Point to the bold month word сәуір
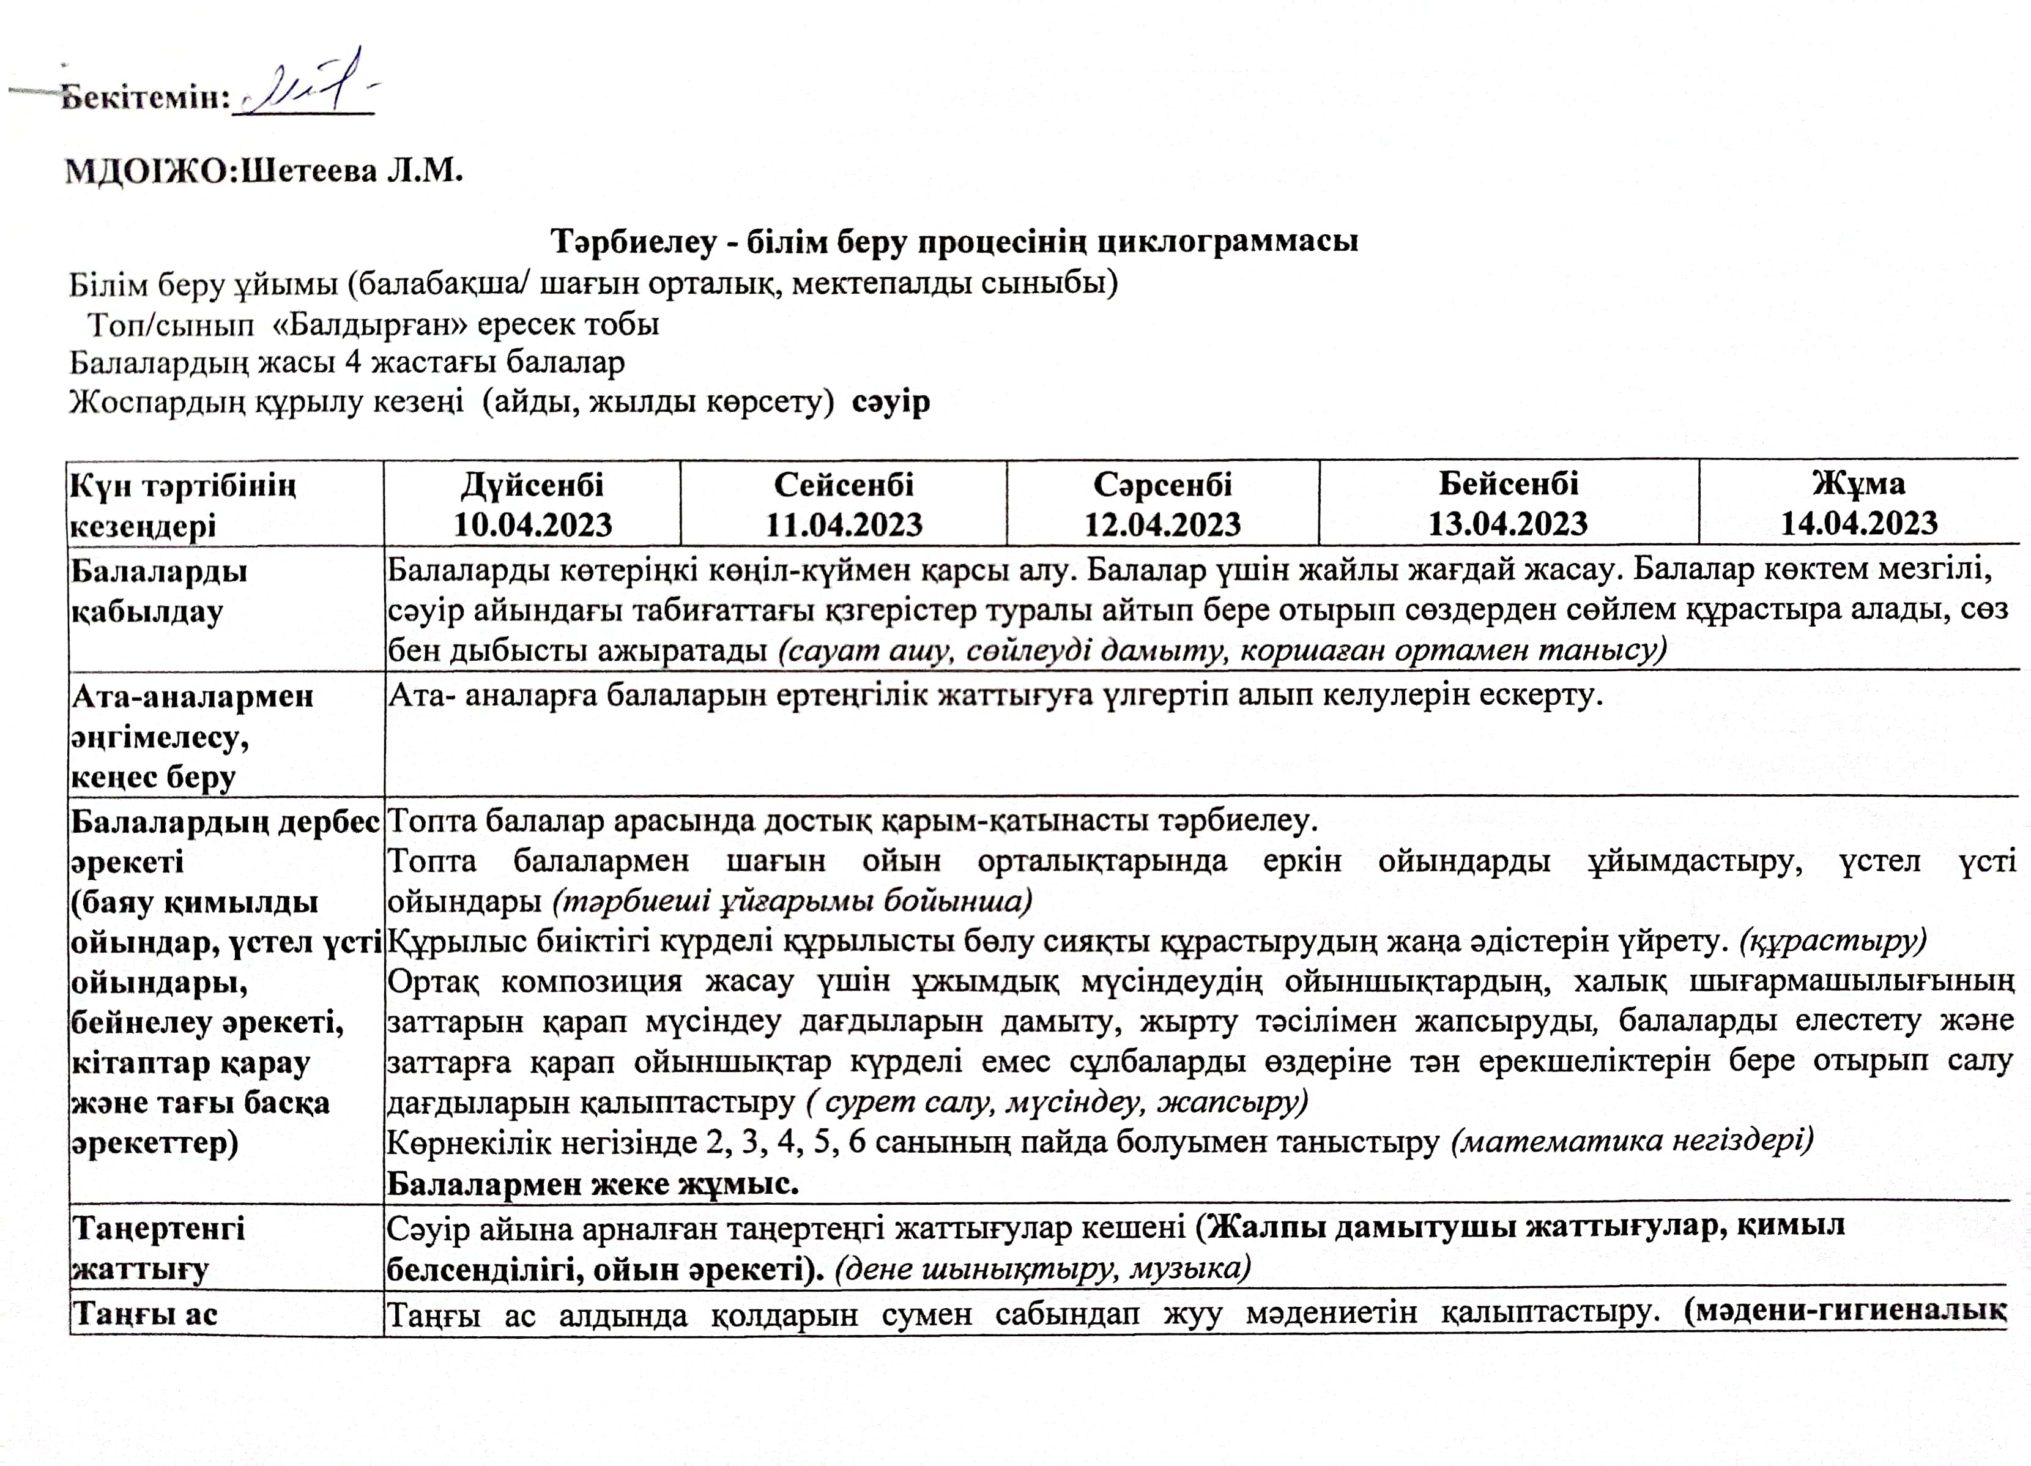coord(891,402)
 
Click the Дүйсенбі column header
coord(532,485)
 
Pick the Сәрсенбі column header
coord(1162,485)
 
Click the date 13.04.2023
coord(1508,524)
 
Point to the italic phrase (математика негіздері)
coord(1632,1141)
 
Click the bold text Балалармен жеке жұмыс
coord(592,1184)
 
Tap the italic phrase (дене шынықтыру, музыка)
coord(1042,1268)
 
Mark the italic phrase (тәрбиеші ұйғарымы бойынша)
coord(793,900)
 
